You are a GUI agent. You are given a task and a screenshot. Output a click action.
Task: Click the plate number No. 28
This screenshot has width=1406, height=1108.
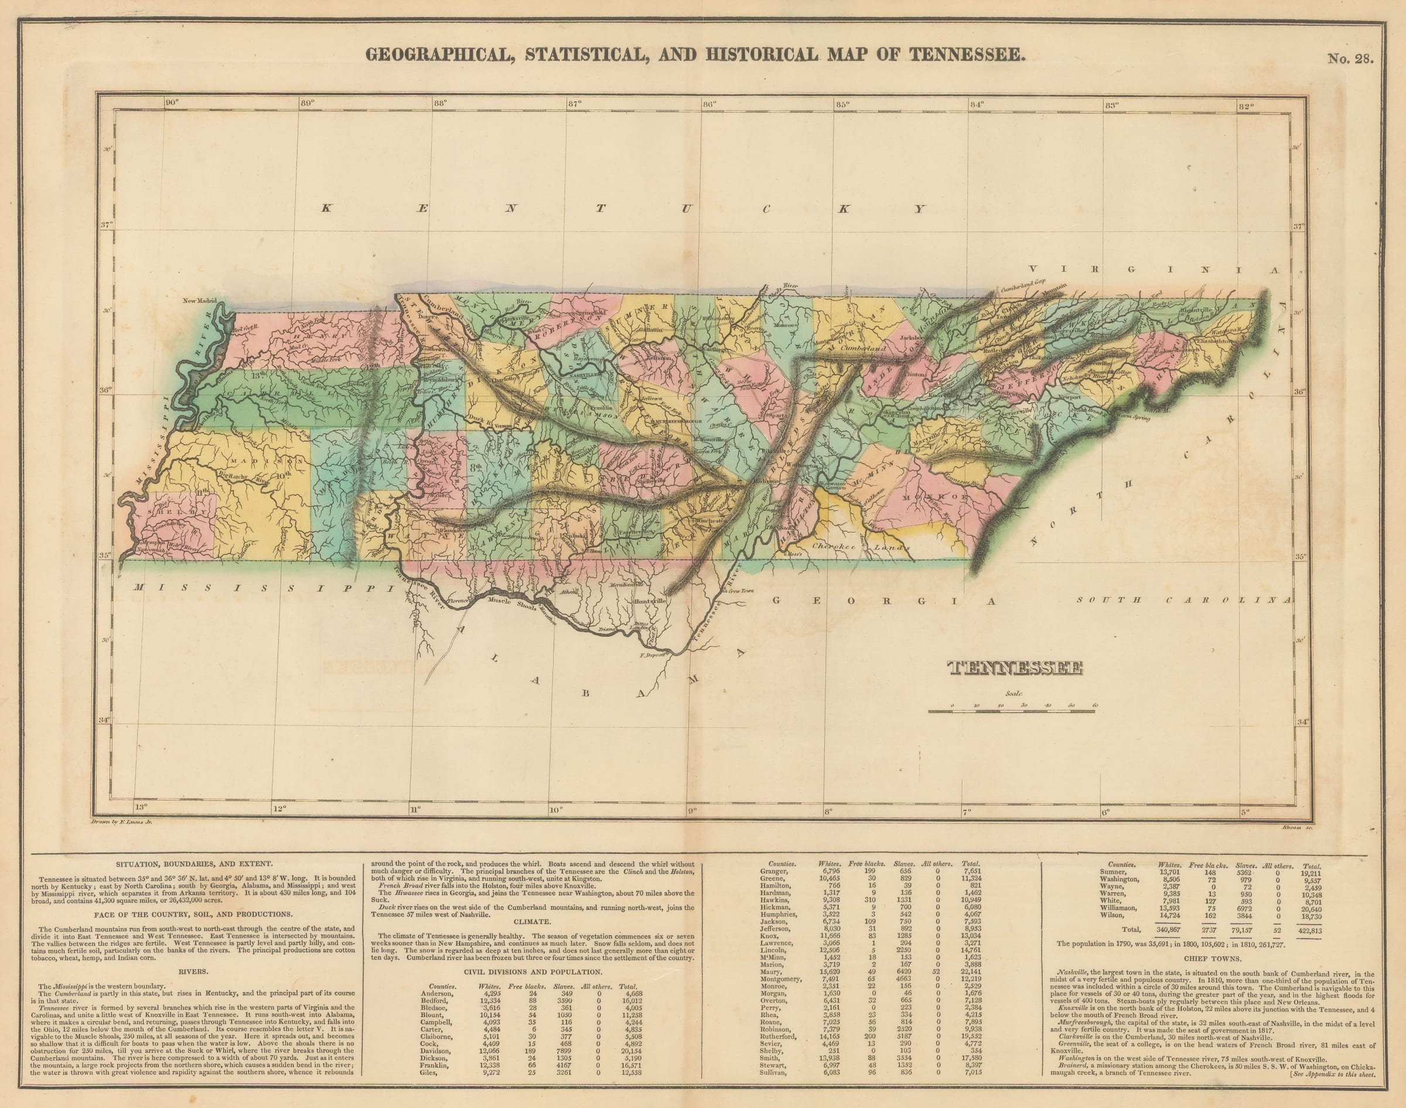(x=1350, y=59)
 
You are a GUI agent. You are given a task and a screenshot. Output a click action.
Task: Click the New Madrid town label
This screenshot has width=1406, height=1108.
(x=199, y=301)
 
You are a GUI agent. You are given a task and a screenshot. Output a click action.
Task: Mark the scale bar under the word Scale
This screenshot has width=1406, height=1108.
(x=1012, y=712)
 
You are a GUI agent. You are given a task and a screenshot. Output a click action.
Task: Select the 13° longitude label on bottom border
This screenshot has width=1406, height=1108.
(x=141, y=807)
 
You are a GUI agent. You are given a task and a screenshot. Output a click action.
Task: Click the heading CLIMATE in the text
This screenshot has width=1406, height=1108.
(x=532, y=921)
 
